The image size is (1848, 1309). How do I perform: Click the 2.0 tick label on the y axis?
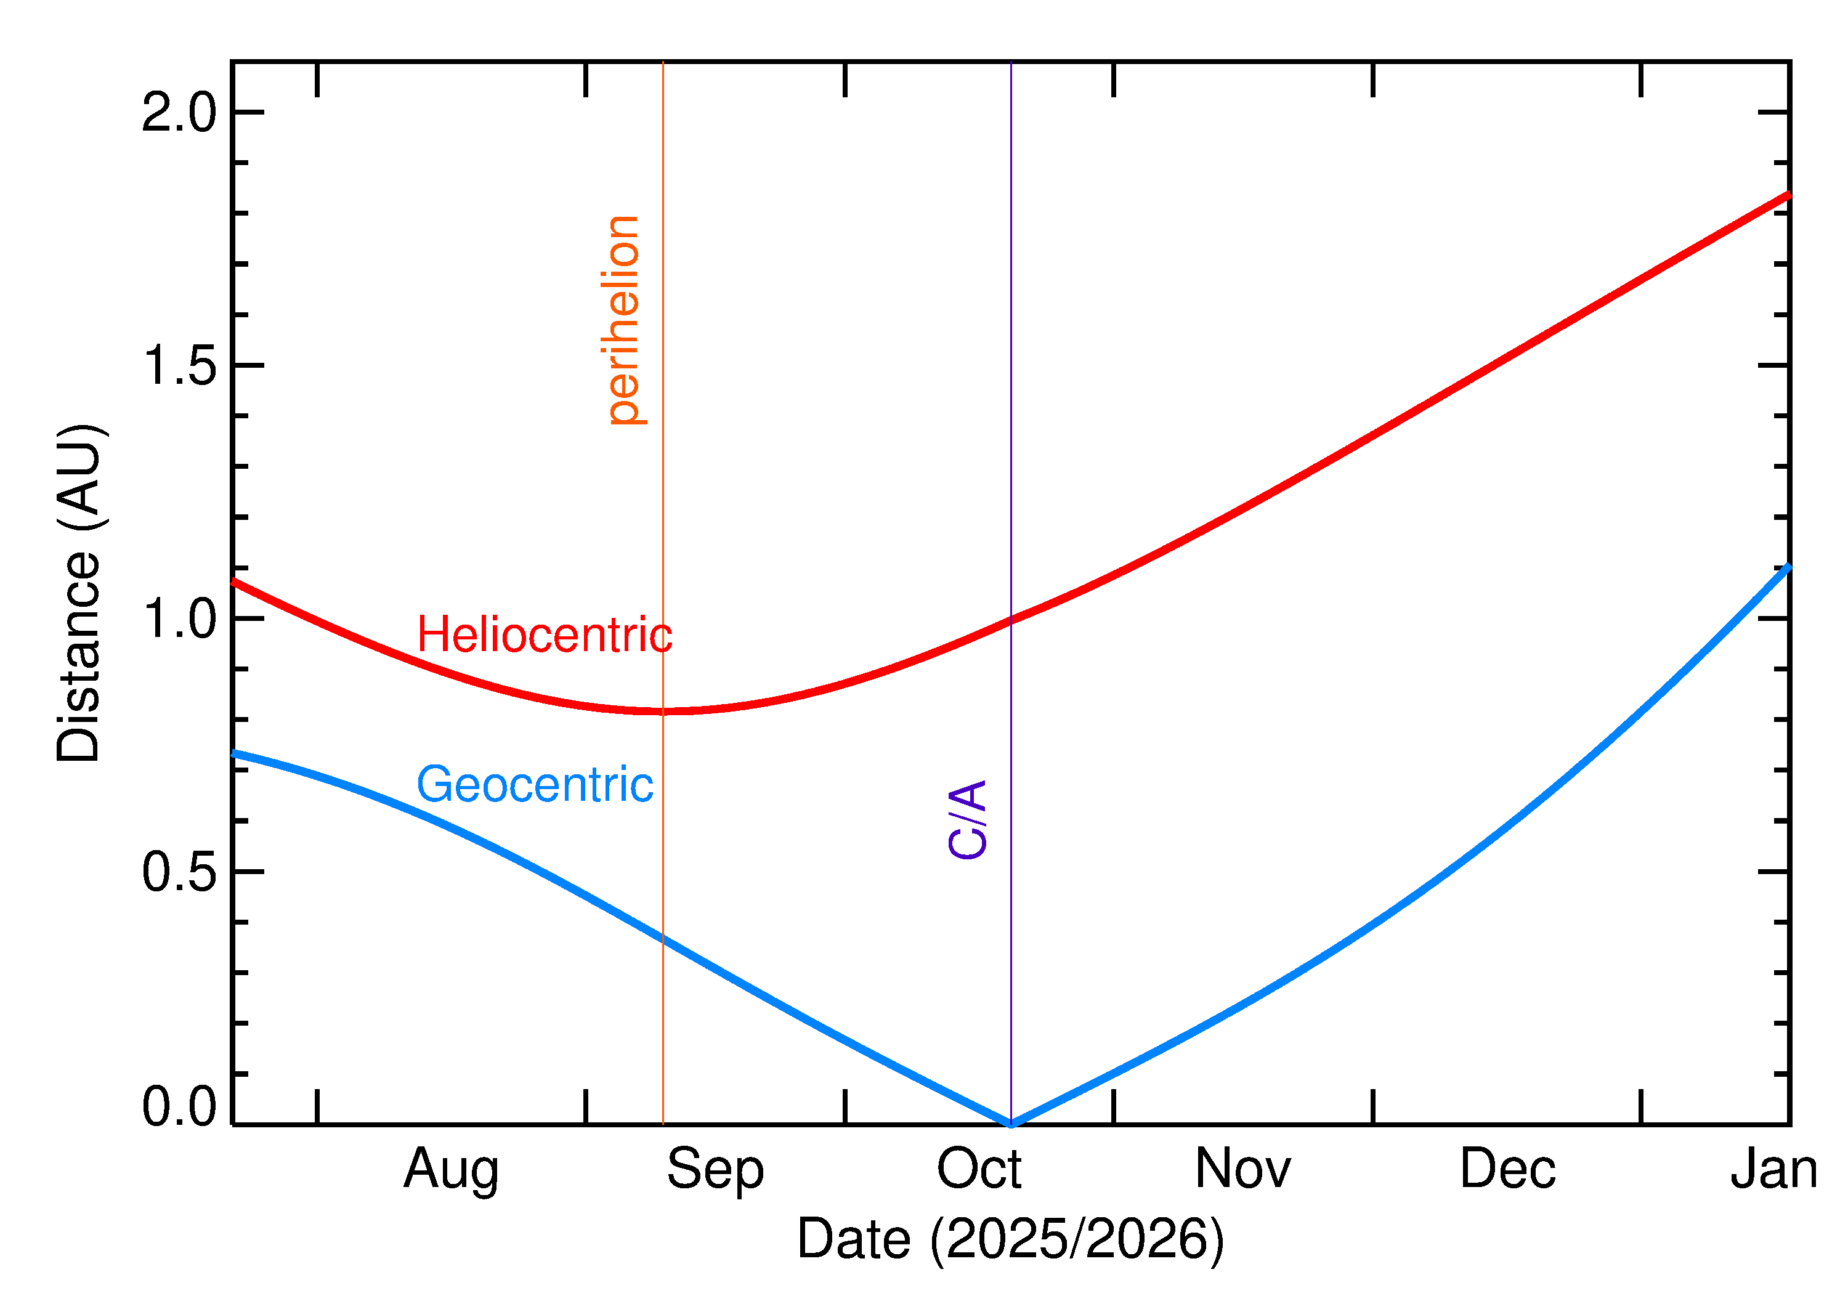(x=179, y=112)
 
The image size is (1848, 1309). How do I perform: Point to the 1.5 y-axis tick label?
(x=179, y=366)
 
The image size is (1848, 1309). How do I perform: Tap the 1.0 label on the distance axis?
(x=179, y=619)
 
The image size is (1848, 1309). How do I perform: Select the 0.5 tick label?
(x=179, y=872)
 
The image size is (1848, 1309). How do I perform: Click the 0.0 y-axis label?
(x=179, y=1105)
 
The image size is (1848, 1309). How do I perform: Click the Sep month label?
(x=715, y=1169)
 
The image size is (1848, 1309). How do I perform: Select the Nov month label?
(x=1242, y=1169)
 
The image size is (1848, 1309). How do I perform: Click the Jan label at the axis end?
(x=1773, y=1169)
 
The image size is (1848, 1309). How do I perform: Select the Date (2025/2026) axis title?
(x=1010, y=1239)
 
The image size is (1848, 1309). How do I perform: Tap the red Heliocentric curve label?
(x=544, y=634)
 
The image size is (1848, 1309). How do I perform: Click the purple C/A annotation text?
(x=967, y=819)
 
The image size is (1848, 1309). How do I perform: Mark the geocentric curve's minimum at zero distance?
(x=1011, y=1124)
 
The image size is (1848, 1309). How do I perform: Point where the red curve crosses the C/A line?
(x=1011, y=620)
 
